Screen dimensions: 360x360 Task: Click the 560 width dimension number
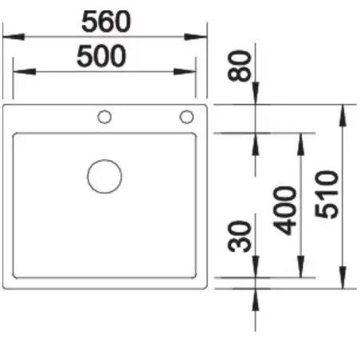pos(106,22)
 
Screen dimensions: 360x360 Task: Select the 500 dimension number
pos(101,56)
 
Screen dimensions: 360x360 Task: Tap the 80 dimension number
pos(239,65)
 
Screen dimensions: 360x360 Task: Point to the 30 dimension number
pos(239,237)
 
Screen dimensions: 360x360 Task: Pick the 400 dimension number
pos(285,211)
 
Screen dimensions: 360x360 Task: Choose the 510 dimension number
pos(327,195)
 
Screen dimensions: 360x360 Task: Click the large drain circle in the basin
pos(104,176)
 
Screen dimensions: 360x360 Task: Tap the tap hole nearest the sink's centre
pos(104,117)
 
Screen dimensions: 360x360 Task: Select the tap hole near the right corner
pos(186,117)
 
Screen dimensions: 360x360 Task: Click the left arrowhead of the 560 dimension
pos(14,37)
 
